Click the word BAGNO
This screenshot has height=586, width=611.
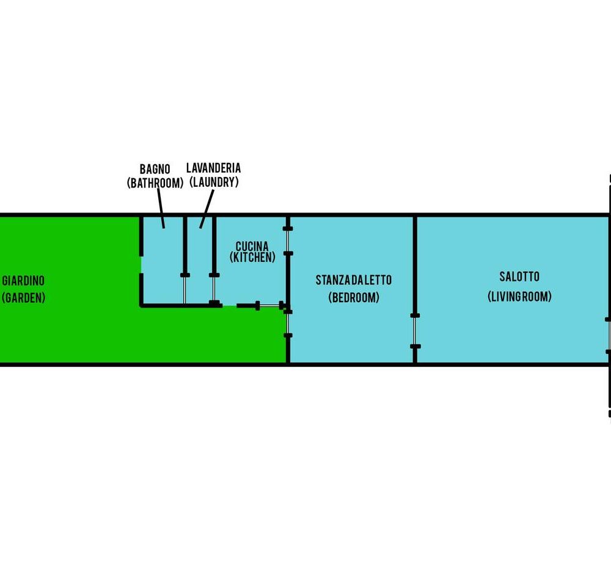click(x=155, y=169)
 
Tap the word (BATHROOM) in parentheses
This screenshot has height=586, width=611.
click(x=155, y=183)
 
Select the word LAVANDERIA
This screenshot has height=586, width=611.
click(x=213, y=168)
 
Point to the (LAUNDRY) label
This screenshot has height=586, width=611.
click(x=213, y=182)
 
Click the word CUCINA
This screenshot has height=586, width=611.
click(x=252, y=247)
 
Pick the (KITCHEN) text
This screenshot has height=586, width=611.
click(x=252, y=258)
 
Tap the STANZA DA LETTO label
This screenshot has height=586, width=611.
click(x=354, y=280)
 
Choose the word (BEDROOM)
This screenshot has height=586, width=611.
click(x=354, y=297)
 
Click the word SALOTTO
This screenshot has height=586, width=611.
click(x=519, y=277)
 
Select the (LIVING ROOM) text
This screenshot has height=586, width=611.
click(x=519, y=297)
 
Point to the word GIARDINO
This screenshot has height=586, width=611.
click(x=23, y=281)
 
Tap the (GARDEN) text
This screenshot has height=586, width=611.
click(x=23, y=298)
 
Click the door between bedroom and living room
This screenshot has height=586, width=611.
click(x=415, y=331)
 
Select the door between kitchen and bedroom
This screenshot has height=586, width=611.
click(x=288, y=241)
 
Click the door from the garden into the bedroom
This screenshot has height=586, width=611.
click(x=288, y=324)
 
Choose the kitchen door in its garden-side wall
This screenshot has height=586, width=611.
click(x=269, y=305)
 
